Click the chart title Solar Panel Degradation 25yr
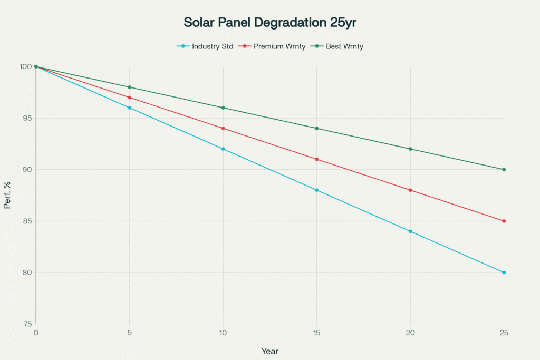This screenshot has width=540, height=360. pyautogui.click(x=269, y=23)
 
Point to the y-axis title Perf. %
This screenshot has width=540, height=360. pyautogui.click(x=7, y=195)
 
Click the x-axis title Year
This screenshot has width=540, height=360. pyautogui.click(x=270, y=351)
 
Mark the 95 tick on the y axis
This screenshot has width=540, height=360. pyautogui.click(x=26, y=118)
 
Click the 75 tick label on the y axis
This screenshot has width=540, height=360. pyautogui.click(x=26, y=324)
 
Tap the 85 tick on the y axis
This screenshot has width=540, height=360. pyautogui.click(x=26, y=221)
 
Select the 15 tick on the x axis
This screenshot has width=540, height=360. pyautogui.click(x=316, y=333)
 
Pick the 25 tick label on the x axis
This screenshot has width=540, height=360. pyautogui.click(x=504, y=333)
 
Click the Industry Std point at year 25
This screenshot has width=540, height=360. pyautogui.click(x=504, y=273)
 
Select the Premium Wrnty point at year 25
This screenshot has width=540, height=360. pyautogui.click(x=504, y=221)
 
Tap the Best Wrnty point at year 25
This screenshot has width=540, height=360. pyautogui.click(x=504, y=170)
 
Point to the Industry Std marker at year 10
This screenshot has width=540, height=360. pyautogui.click(x=223, y=149)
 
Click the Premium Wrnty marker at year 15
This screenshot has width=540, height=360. pyautogui.click(x=317, y=159)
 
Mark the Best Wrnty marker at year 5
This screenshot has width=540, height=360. pyautogui.click(x=130, y=87)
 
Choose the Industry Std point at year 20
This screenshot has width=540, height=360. pyautogui.click(x=410, y=231)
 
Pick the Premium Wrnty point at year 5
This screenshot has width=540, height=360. pyautogui.click(x=130, y=98)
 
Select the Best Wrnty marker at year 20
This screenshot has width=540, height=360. pyautogui.click(x=410, y=149)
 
